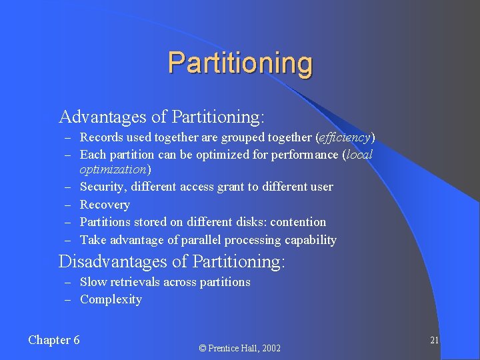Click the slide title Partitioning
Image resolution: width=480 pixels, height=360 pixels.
pos(240,63)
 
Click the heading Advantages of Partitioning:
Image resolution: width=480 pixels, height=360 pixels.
pos(162,117)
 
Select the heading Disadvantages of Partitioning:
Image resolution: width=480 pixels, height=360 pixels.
pos(172,261)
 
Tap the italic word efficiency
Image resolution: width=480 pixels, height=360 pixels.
pos(345,138)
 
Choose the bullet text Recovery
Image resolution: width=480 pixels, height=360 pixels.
pos(105,205)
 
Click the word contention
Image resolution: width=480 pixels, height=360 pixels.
pos(299,222)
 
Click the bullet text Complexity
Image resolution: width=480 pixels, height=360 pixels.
pos(111,299)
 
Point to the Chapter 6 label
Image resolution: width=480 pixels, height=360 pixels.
pos(54,340)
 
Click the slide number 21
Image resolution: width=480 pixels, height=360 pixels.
pos(434,340)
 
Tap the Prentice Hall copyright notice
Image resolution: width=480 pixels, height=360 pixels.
pos(240,348)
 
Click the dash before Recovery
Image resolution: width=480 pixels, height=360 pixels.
pos(68,205)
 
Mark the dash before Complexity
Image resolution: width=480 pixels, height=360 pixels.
pos(68,300)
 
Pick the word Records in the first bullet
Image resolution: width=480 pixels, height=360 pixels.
pos(100,138)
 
